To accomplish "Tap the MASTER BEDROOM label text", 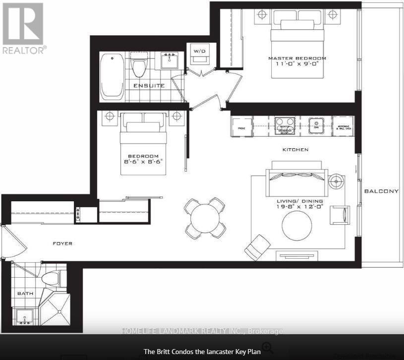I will pos(297,58).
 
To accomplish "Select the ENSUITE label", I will pos(148,86).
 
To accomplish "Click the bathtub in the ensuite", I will pos(112,76).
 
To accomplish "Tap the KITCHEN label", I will pos(295,149).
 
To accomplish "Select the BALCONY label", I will pos(381,191).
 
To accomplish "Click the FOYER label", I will pos(63,243).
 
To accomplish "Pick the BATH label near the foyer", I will pos(25,294).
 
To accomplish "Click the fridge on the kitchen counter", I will pos(241,127).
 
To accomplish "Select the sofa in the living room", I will pos(296,179).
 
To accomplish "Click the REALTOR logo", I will pos(23,28).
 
